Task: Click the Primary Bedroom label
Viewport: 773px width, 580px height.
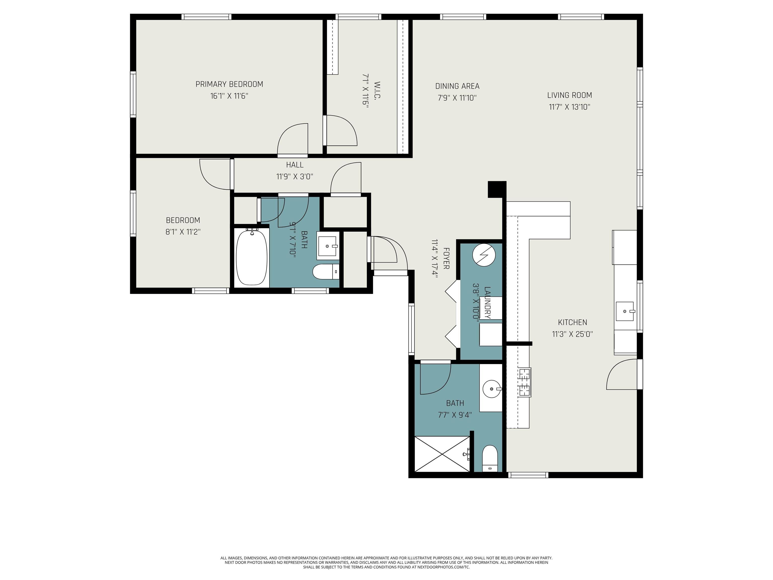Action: (x=229, y=84)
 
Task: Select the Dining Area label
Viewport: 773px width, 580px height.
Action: (x=457, y=86)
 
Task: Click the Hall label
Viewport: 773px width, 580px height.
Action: (x=295, y=165)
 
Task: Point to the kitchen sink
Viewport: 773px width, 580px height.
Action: (x=625, y=311)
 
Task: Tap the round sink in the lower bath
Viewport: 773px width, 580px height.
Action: (x=492, y=388)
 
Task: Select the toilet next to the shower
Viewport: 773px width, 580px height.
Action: (x=490, y=458)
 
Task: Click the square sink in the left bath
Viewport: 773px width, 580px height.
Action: (x=328, y=246)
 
